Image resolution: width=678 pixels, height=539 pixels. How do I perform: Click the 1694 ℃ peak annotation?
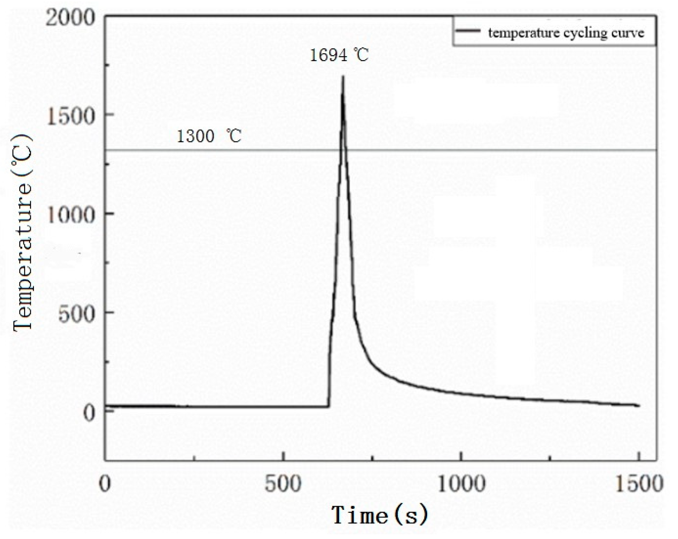tap(339, 55)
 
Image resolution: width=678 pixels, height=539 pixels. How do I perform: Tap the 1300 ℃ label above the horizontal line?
tap(209, 136)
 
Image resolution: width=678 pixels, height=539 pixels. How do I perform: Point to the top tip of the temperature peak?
tap(343, 76)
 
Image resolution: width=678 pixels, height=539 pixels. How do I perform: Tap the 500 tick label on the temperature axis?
tap(76, 314)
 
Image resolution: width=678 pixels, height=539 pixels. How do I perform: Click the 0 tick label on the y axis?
tap(89, 413)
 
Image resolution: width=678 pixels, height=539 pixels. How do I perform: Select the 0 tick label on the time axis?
tap(105, 484)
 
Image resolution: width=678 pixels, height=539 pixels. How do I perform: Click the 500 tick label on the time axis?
tap(283, 484)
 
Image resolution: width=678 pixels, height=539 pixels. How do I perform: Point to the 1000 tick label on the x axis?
tap(461, 484)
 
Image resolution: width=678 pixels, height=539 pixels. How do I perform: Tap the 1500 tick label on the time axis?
tap(639, 484)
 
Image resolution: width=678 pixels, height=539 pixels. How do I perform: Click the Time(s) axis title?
tap(380, 515)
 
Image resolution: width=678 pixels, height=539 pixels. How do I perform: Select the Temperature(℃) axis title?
tap(22, 233)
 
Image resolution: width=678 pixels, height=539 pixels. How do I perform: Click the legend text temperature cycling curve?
tap(566, 33)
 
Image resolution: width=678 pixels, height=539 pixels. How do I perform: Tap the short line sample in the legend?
tap(468, 31)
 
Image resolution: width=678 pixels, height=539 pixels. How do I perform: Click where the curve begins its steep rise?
tap(329, 406)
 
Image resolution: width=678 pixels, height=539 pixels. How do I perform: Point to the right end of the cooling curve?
tap(639, 405)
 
